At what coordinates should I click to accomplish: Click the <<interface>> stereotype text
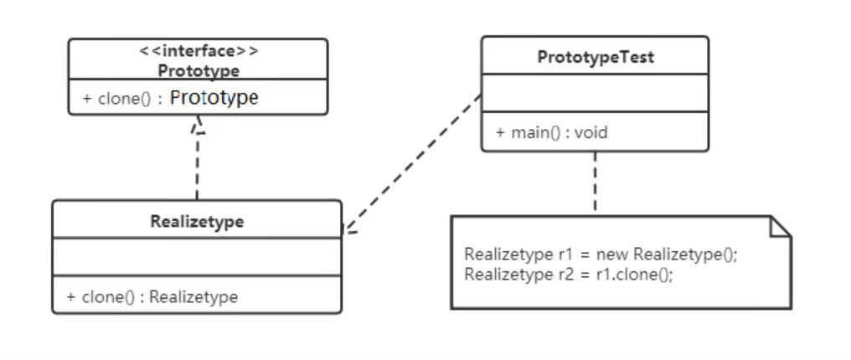(199, 51)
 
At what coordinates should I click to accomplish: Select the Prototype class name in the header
(199, 70)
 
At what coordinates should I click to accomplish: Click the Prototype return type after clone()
(214, 98)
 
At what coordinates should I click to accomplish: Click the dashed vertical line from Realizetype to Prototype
(198, 167)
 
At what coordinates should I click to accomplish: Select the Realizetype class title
(197, 222)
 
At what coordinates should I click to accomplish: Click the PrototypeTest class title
(596, 58)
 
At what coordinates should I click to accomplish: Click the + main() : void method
(551, 132)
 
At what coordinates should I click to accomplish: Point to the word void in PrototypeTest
(593, 132)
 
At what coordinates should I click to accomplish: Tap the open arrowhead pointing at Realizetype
(349, 229)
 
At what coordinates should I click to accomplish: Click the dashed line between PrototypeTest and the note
(596, 183)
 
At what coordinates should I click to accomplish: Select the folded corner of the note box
(780, 226)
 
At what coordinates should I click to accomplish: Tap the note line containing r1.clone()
(569, 275)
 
